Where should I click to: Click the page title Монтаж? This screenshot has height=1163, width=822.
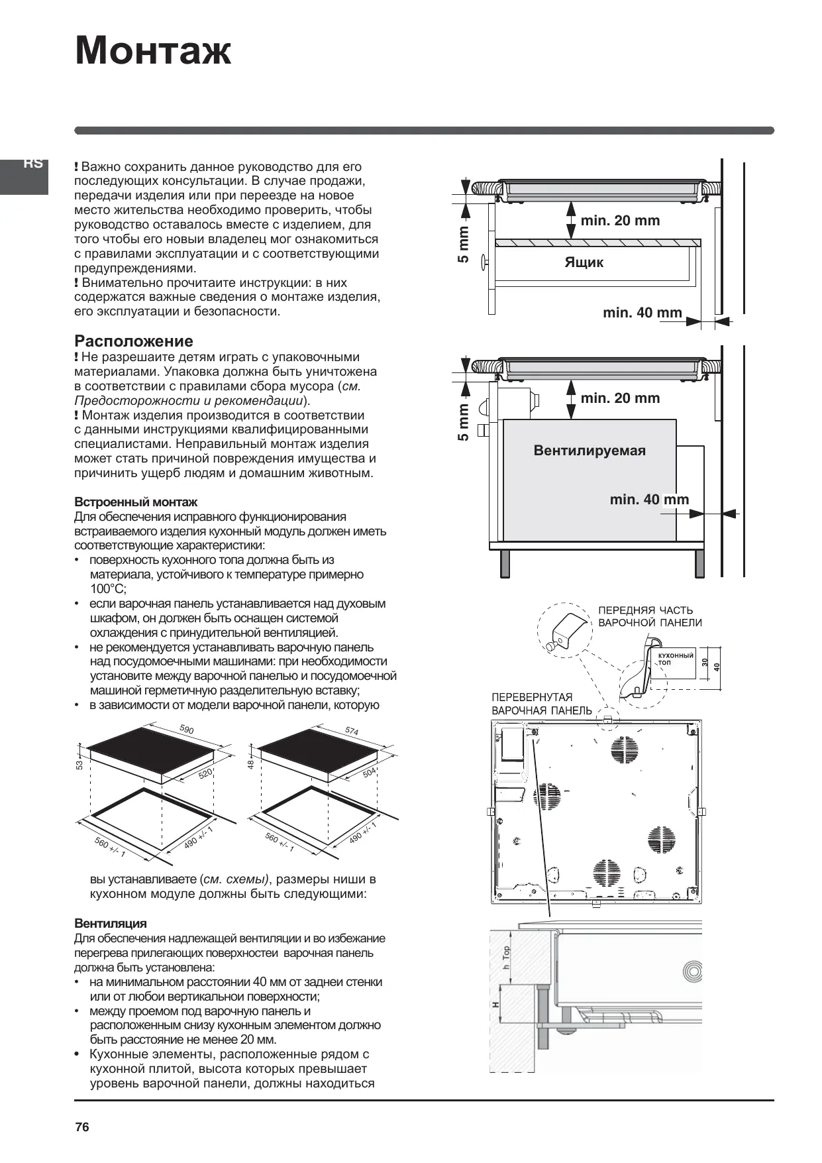click(153, 51)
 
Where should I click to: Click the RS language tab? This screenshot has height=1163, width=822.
click(32, 164)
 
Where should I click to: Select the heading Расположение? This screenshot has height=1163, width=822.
click(133, 341)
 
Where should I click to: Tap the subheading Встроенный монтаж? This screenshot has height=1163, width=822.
click(135, 502)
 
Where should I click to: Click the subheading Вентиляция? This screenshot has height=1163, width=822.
click(110, 923)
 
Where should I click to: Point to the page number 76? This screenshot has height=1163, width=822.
click(82, 1127)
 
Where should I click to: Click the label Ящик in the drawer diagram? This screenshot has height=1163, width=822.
click(584, 262)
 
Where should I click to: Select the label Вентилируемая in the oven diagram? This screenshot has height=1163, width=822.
click(589, 451)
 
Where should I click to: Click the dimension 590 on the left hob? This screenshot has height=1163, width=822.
click(187, 730)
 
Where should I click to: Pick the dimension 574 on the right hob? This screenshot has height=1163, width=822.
click(352, 732)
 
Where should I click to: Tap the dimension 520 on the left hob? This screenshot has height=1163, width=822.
click(205, 773)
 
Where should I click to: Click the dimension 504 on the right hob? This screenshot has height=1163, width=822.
click(369, 773)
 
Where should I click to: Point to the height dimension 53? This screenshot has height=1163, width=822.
click(79, 765)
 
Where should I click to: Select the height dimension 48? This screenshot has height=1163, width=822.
click(250, 765)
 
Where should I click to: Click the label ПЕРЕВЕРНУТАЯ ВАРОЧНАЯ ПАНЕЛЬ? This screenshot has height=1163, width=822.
click(541, 704)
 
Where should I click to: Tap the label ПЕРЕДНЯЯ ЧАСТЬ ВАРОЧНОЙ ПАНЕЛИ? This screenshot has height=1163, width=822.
click(649, 616)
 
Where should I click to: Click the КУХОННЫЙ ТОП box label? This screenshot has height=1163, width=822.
click(676, 658)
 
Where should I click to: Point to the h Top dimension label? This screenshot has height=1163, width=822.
click(507, 958)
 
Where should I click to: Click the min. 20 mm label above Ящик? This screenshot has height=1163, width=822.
click(620, 221)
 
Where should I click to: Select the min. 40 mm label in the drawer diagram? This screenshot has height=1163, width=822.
click(642, 313)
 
